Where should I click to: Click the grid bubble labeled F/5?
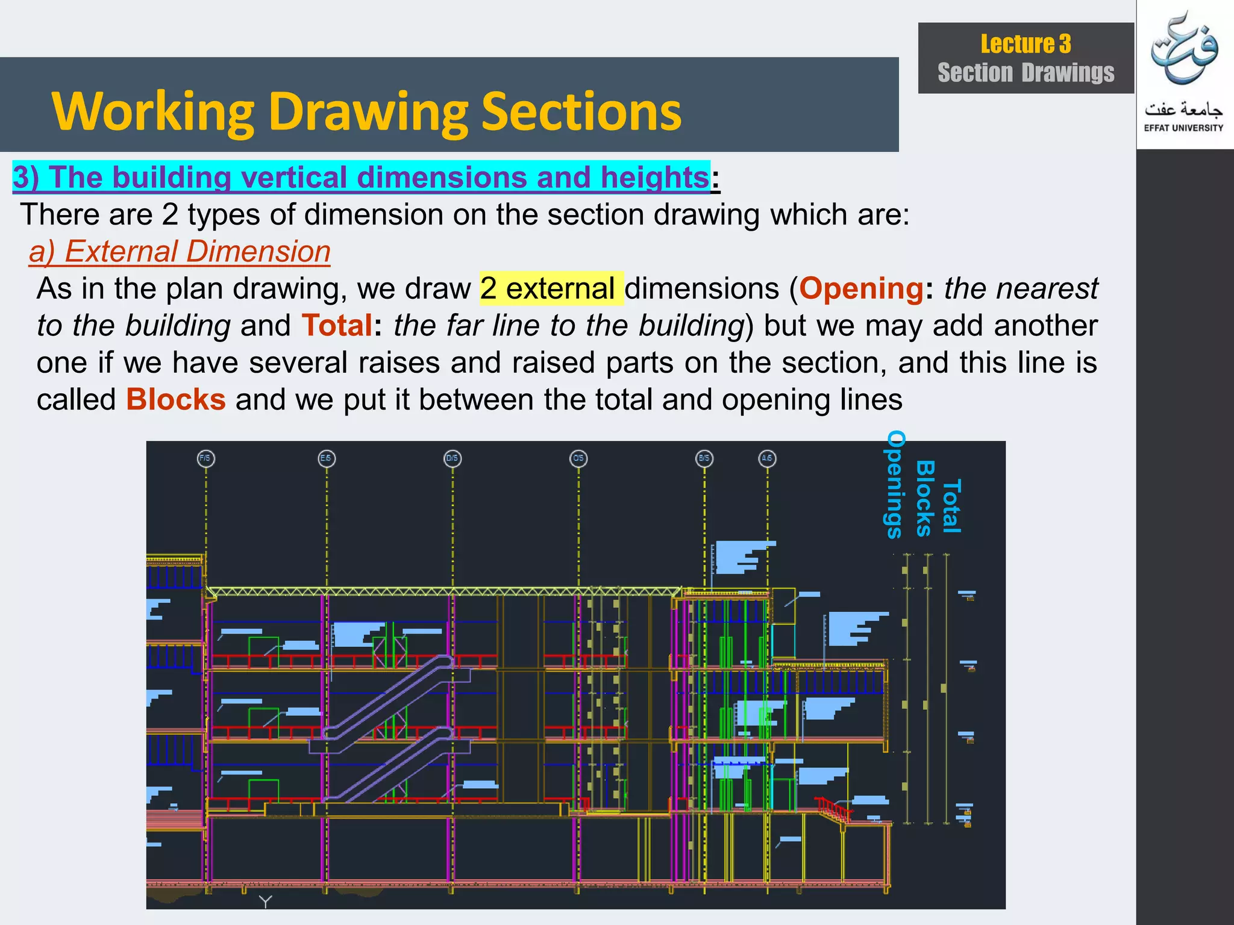pos(205,458)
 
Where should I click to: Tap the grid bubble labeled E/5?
pos(327,458)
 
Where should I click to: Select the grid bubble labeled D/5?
pos(452,458)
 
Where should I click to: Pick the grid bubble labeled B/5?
pos(704,458)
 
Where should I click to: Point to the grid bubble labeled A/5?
pos(767,458)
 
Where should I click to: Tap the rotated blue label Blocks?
pos(925,498)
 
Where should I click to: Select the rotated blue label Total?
pos(952,506)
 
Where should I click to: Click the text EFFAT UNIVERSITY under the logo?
pos(1183,128)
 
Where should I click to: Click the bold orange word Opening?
pos(861,288)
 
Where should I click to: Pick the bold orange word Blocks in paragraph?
pos(176,399)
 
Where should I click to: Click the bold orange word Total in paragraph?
pos(337,325)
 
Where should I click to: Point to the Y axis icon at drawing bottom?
pos(266,901)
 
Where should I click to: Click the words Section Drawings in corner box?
pos(1026,73)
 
